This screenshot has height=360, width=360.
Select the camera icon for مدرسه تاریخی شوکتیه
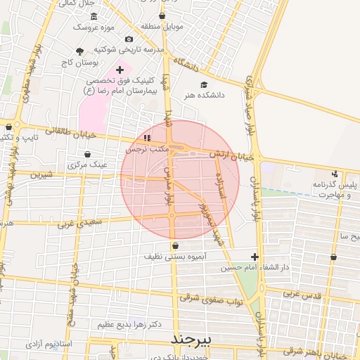coord(128,39)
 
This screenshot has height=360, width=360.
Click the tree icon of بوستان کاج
coord(79,51)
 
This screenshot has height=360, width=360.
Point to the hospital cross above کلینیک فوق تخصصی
coord(120,69)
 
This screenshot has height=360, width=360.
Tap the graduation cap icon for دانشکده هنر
coord(204,84)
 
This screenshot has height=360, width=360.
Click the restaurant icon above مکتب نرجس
coord(147,138)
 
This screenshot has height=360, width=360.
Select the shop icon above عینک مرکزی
coord(87,154)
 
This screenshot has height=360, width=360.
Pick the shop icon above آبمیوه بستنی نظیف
coord(175,245)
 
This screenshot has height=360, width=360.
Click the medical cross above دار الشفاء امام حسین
coord(255,257)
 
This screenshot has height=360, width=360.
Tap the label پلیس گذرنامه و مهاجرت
coord(332,189)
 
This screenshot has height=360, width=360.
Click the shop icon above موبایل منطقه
coord(162,15)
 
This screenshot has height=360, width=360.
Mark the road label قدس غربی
coord(303,295)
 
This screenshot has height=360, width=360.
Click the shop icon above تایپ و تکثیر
coord(8,127)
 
